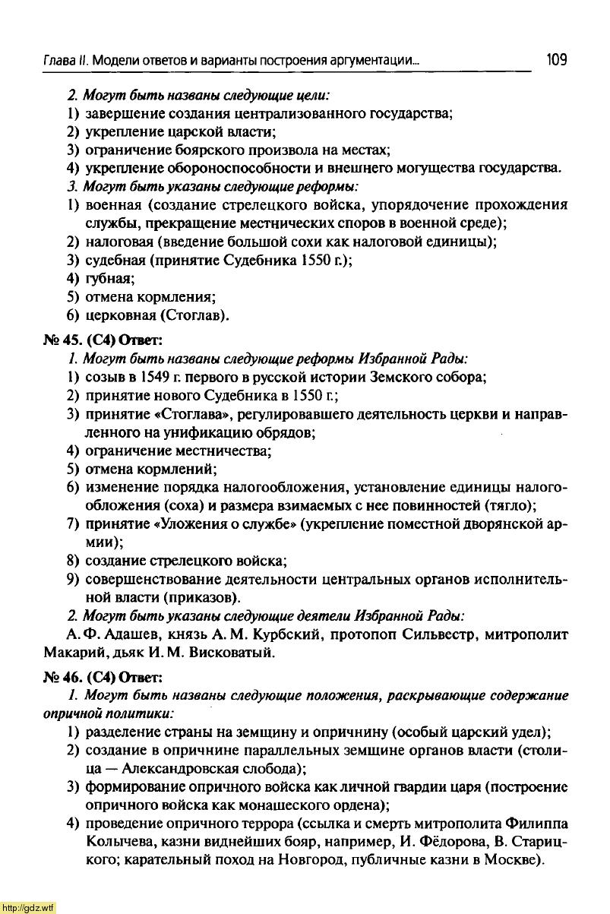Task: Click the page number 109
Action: pos(557,59)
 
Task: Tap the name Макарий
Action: pos(71,652)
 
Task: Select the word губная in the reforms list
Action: pos(109,278)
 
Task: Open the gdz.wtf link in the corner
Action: pos(28,907)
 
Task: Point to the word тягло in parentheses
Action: pos(514,506)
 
